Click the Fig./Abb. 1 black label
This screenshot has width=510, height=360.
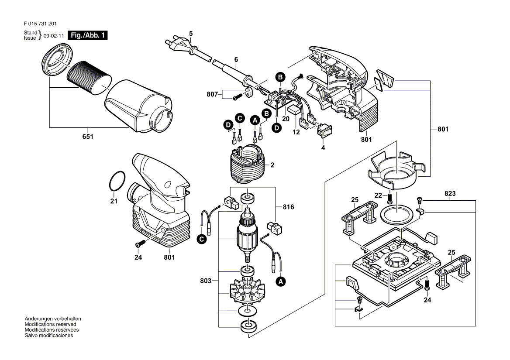point(88,36)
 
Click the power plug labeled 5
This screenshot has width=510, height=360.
point(179,44)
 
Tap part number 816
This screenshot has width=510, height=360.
point(288,208)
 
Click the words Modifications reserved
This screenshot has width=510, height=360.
point(51,325)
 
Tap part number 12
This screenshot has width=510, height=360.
point(296,132)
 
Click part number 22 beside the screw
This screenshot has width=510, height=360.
point(378,195)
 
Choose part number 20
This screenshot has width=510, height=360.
point(286,119)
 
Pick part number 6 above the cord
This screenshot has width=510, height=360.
point(236,59)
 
